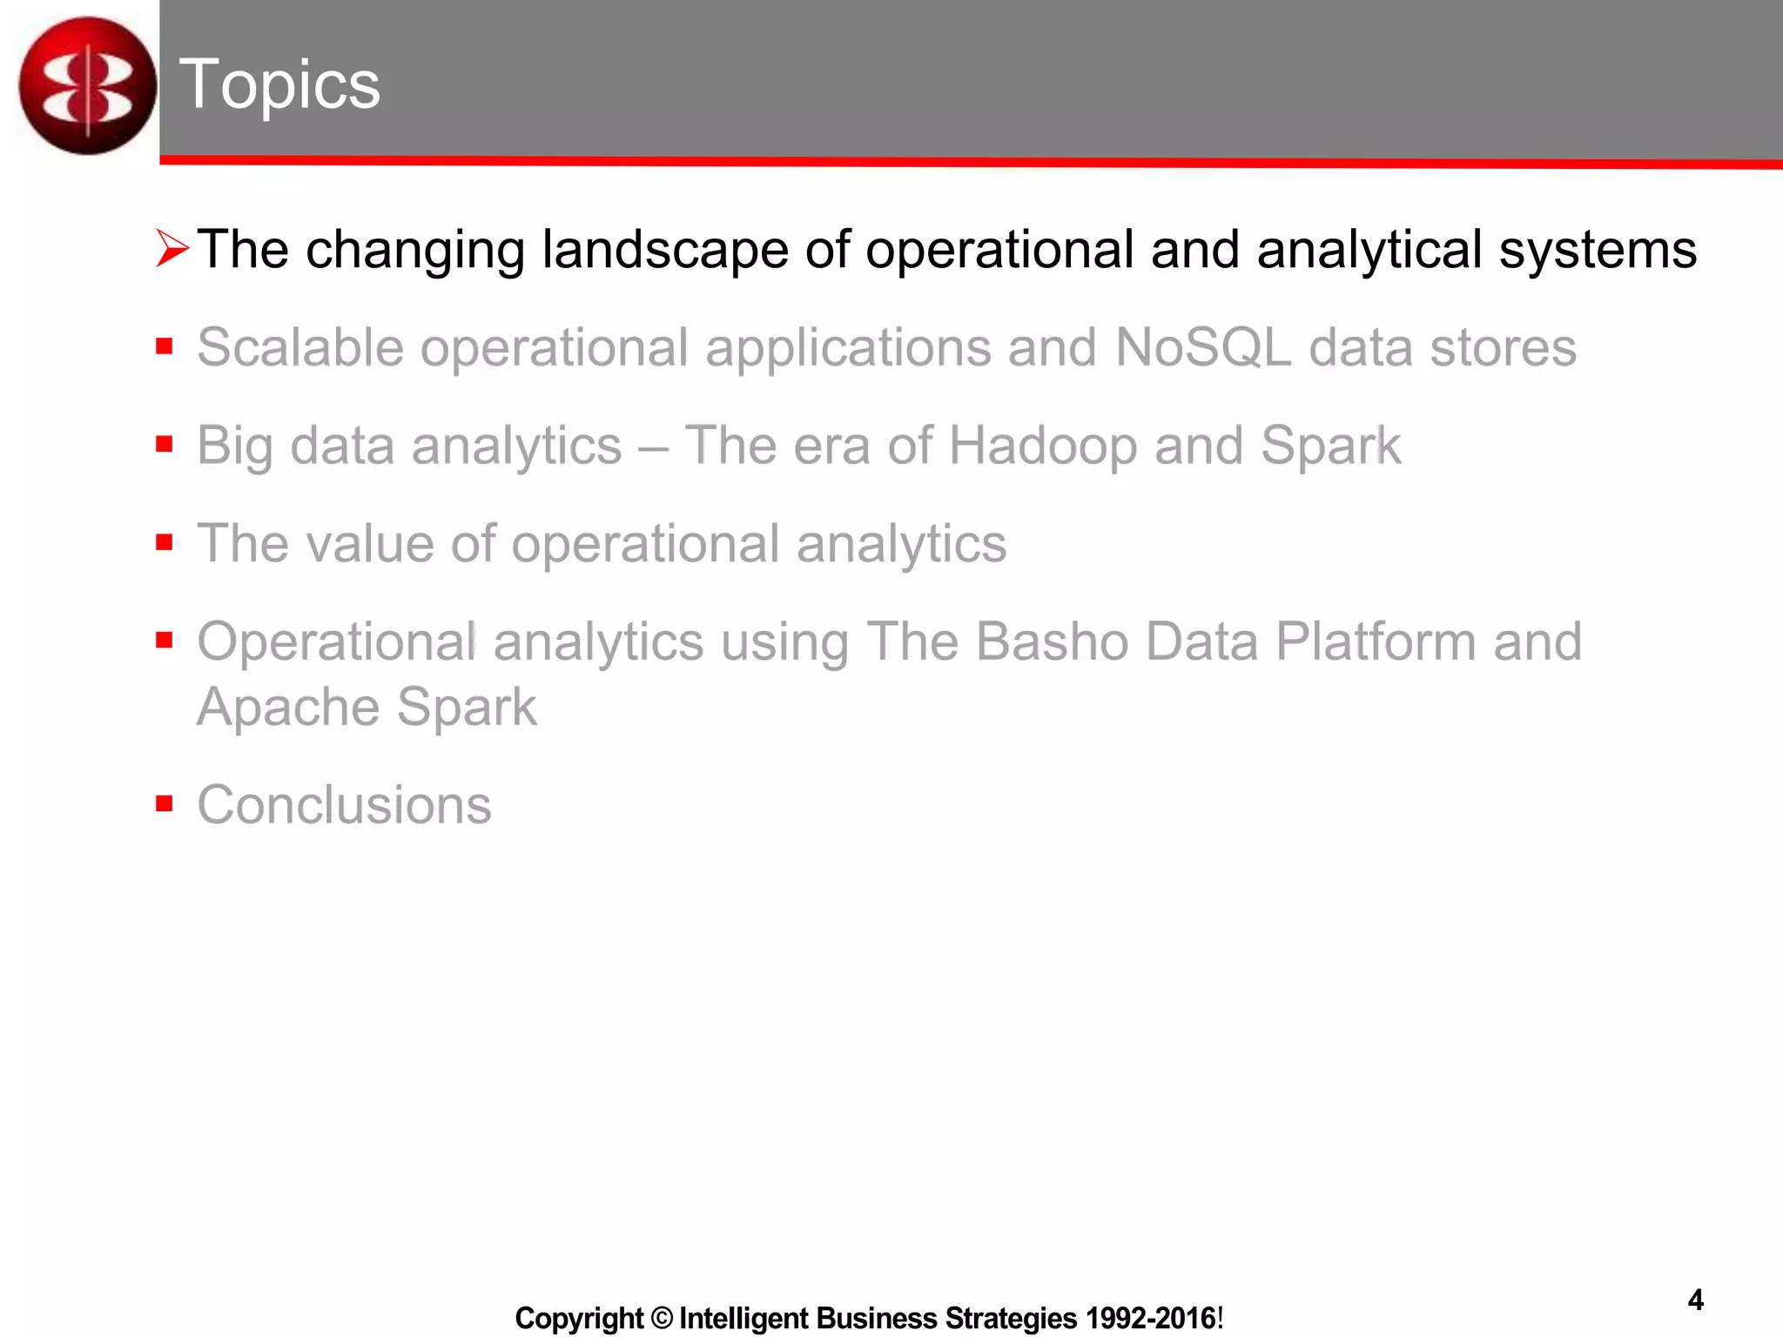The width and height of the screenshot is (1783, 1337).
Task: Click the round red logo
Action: click(87, 85)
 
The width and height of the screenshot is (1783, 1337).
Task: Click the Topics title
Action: click(279, 84)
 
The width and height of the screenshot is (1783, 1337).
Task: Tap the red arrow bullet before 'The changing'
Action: click(172, 249)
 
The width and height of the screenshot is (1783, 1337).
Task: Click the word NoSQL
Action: click(1202, 347)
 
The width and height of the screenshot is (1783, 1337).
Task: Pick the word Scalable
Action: click(300, 347)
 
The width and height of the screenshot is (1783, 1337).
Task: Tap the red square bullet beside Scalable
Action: click(165, 347)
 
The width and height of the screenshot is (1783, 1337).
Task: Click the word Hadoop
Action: click(1042, 446)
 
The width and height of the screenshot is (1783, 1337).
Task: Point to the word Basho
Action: click(1052, 642)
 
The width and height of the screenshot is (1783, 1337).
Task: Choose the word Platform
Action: click(1376, 642)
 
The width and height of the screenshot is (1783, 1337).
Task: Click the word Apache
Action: click(287, 707)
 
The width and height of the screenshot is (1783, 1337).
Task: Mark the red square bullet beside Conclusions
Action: click(165, 803)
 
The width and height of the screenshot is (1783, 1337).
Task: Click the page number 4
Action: click(1695, 1300)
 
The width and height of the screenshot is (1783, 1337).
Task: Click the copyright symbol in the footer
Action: click(662, 1318)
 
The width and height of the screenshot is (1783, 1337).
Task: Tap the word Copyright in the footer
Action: click(579, 1318)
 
